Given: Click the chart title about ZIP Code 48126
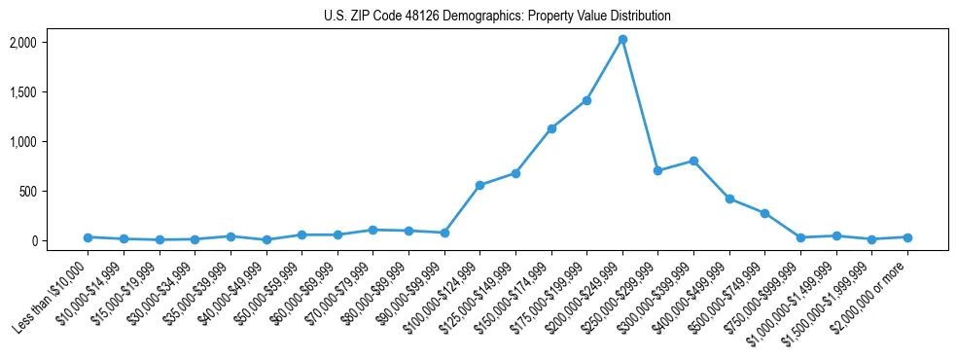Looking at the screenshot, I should pyautogui.click(x=497, y=17).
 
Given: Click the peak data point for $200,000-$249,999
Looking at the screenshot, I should pyautogui.click(x=622, y=39).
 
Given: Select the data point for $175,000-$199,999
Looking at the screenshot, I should pyautogui.click(x=586, y=100).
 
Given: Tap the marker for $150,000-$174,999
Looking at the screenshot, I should pyautogui.click(x=551, y=128).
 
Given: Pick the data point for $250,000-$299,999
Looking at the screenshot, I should pyautogui.click(x=658, y=170).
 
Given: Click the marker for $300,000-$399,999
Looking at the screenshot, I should pyautogui.click(x=693, y=161).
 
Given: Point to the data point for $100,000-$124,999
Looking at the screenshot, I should pyautogui.click(x=479, y=185).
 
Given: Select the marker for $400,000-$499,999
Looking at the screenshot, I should pyautogui.click(x=729, y=198).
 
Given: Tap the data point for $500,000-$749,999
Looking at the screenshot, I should pyautogui.click(x=765, y=213).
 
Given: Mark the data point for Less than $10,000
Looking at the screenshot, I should pyautogui.click(x=88, y=237).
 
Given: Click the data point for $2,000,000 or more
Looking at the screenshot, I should pyautogui.click(x=907, y=237).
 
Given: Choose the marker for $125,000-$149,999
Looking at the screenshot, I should pyautogui.click(x=515, y=173).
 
